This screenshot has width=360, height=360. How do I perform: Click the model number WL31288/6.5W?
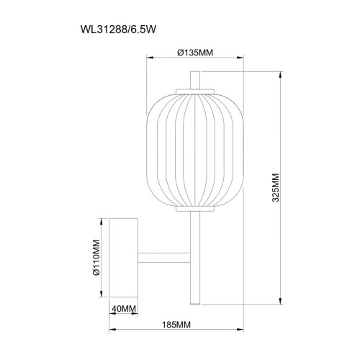(118, 30)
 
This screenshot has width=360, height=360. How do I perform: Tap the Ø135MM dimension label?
(195, 53)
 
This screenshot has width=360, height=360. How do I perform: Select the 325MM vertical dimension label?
(276, 188)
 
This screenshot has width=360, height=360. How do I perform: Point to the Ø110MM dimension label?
(96, 258)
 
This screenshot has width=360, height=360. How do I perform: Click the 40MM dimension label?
(124, 309)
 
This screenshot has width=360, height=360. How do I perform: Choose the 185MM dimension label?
(176, 325)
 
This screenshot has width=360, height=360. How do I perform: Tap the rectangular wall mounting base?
(123, 258)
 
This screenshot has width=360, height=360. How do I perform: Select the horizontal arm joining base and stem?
(164, 258)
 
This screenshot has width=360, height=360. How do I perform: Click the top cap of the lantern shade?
(195, 91)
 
